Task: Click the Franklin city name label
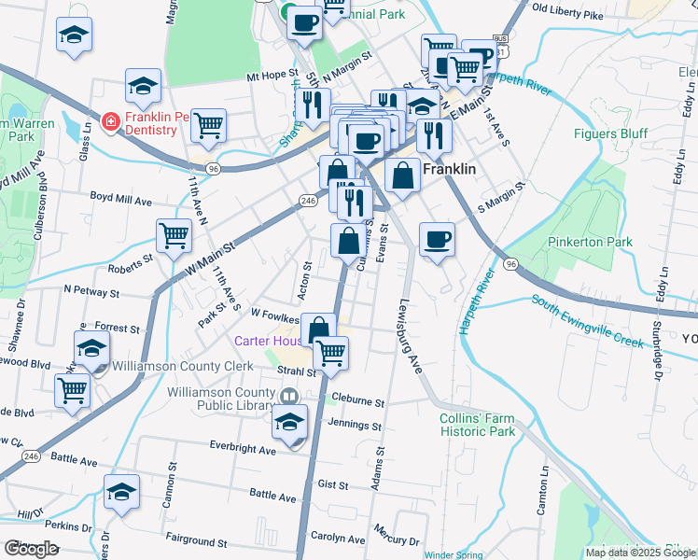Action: pyautogui.click(x=451, y=171)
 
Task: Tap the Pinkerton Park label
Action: pyautogui.click(x=590, y=242)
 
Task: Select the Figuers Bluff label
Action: pyautogui.click(x=610, y=133)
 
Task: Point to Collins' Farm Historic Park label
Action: pyautogui.click(x=478, y=425)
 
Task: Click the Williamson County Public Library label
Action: pyautogui.click(x=223, y=399)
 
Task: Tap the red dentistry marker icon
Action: pyautogui.click(x=110, y=121)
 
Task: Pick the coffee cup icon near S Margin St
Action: pyautogui.click(x=437, y=239)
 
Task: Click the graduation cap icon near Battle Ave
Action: pyautogui.click(x=122, y=490)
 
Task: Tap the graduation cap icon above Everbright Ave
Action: pyautogui.click(x=290, y=421)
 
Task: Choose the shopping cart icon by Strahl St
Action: pyautogui.click(x=330, y=353)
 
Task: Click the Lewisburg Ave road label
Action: pyautogui.click(x=412, y=337)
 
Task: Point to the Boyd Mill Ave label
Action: pyautogui.click(x=120, y=199)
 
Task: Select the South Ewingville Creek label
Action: pyautogui.click(x=588, y=322)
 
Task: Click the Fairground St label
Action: pyautogui.click(x=196, y=541)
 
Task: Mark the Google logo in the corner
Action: pyautogui.click(x=31, y=549)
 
